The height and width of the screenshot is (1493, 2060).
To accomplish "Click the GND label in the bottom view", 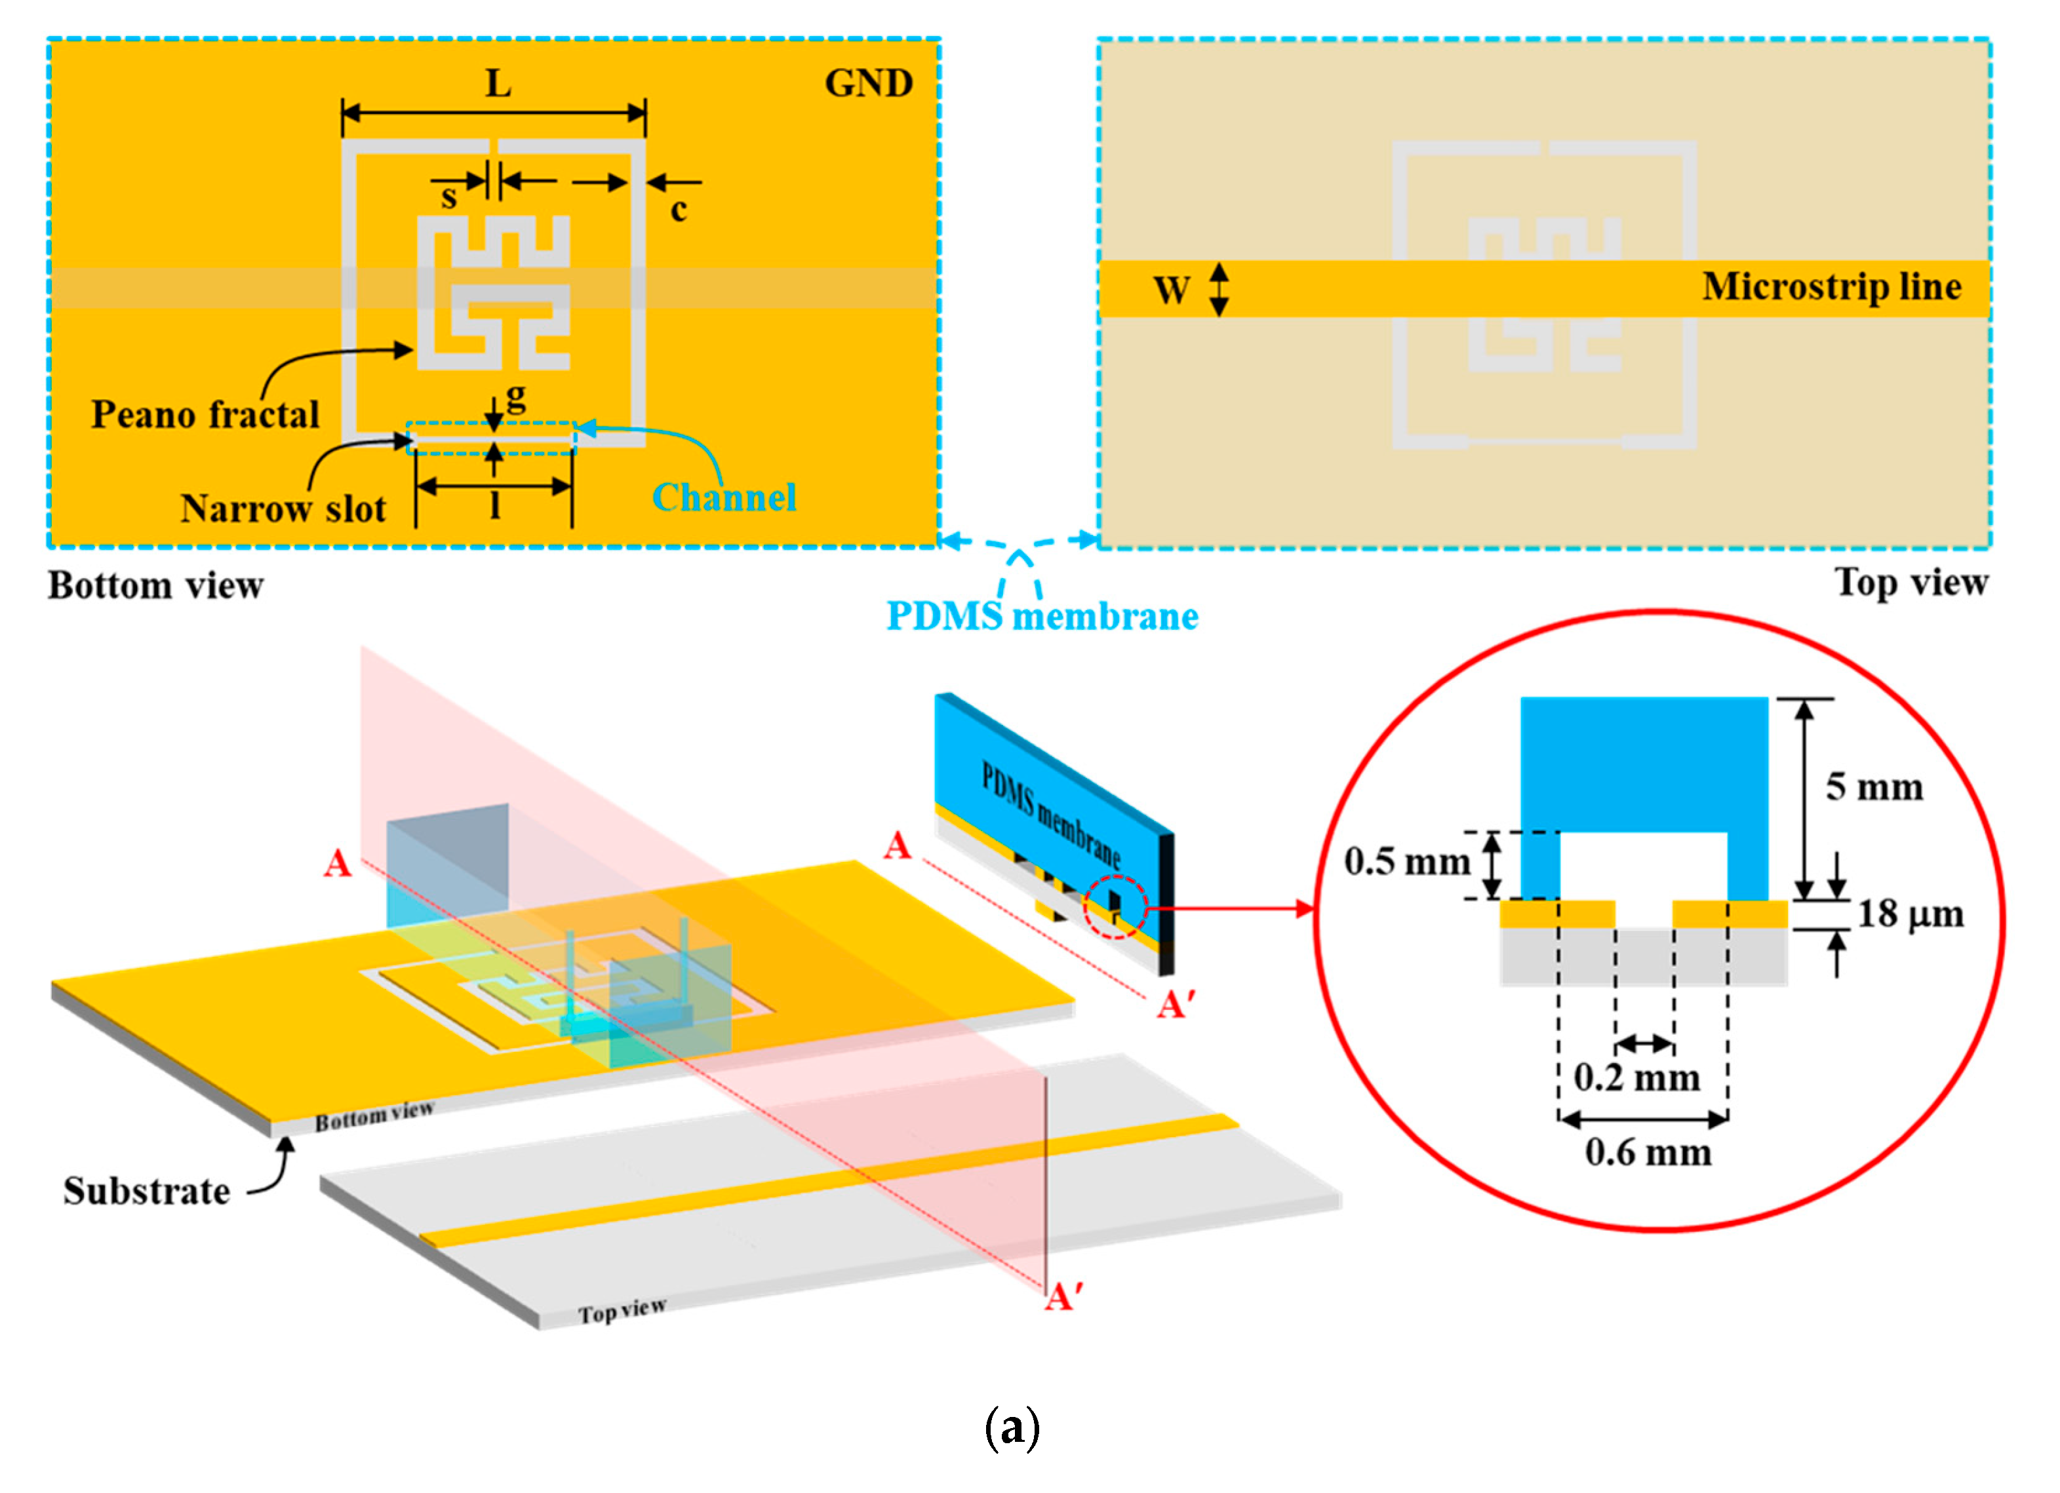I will coord(868,83).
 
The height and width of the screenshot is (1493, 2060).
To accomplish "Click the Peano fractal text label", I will coord(205,415).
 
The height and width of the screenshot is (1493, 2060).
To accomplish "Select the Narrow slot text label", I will coord(283,509).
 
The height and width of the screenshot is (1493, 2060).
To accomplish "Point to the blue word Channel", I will coord(724,497).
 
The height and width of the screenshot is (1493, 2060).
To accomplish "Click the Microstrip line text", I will coord(1831,287).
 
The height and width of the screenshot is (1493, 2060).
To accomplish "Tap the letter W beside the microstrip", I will coord(1171,290).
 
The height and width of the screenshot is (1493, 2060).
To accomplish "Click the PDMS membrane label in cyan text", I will coord(1042,617).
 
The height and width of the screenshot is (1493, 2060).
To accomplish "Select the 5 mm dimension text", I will coord(1874,786).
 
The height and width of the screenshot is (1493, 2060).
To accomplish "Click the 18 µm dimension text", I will coord(1909,914).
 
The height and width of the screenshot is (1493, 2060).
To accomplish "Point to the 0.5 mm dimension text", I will coord(1407,861).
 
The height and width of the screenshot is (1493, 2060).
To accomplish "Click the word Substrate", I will coord(146,1191).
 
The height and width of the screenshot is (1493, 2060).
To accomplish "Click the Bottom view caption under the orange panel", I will coord(155,586).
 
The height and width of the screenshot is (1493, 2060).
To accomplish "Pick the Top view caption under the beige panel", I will coord(1911,582).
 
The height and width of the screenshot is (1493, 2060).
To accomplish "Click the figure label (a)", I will coord(1012,1427).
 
